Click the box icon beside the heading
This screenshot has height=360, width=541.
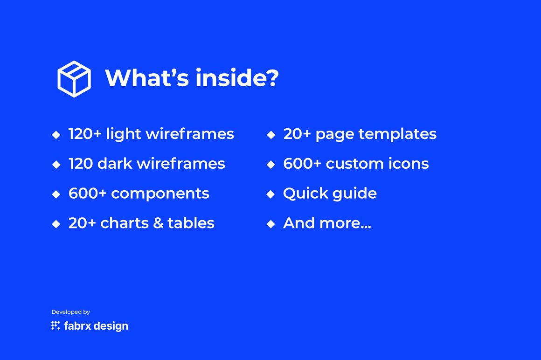tap(74, 79)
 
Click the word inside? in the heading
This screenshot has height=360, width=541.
tap(237, 77)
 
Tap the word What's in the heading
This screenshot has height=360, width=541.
tap(147, 77)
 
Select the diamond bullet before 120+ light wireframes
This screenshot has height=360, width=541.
tap(56, 134)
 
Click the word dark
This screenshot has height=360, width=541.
tap(115, 164)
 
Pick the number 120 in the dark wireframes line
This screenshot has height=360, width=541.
tap(80, 164)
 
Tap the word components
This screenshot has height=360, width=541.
tap(160, 194)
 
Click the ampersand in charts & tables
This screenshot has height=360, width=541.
tap(158, 223)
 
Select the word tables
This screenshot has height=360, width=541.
tap(191, 223)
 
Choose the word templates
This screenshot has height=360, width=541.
tap(397, 134)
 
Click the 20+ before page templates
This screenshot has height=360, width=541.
tap(297, 134)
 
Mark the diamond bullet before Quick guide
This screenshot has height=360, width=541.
tap(271, 194)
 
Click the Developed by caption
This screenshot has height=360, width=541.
tap(71, 312)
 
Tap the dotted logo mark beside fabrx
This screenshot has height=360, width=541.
tap(55, 325)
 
